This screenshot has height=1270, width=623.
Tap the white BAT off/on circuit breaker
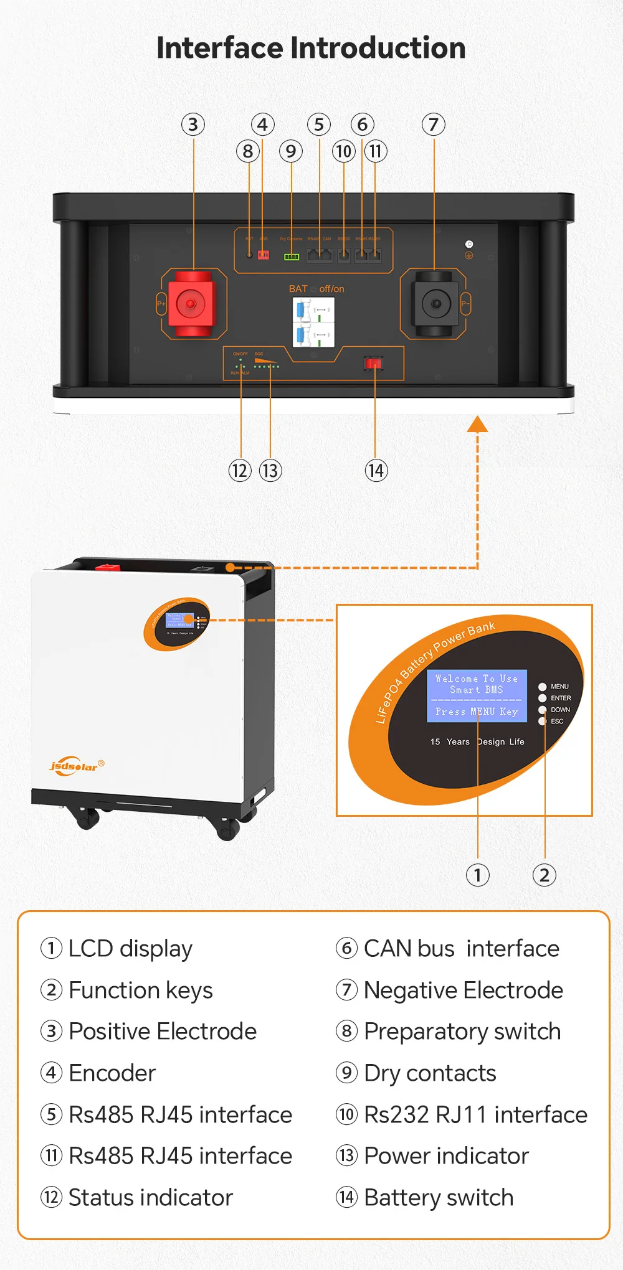pos(313,322)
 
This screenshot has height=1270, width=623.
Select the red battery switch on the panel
pos(374,363)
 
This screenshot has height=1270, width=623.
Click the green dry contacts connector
pos(292,256)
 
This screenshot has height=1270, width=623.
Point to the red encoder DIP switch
pos(264,255)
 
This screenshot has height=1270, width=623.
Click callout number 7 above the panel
pos(434,125)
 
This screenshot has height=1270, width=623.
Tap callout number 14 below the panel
pos(376,471)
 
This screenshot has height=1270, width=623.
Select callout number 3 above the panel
pos(193,125)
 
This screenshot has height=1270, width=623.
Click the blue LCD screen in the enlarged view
pos(477,695)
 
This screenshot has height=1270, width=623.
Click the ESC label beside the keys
pos(557,722)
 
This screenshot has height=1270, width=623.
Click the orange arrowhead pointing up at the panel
pos(477,425)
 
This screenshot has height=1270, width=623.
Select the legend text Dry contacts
pos(430,1073)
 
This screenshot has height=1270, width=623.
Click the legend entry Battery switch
pos(439,1198)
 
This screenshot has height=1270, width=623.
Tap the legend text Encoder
pos(112,1073)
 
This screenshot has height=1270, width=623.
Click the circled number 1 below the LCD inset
pos(478,875)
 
